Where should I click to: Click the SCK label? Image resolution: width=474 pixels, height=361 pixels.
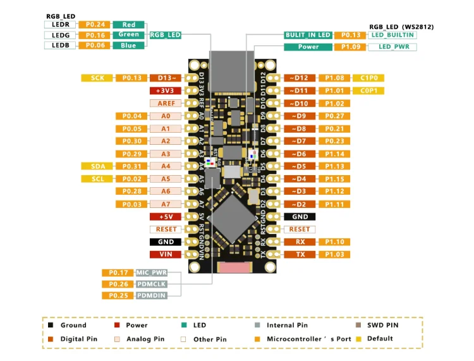(97, 78)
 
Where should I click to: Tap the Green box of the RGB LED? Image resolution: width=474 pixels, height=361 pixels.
(128, 35)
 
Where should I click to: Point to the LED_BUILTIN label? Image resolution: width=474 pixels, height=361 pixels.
(393, 35)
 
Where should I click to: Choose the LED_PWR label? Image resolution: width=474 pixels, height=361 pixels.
(393, 47)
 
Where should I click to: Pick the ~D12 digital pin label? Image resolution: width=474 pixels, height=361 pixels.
(300, 78)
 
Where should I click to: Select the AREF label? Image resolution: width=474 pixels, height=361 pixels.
(166, 103)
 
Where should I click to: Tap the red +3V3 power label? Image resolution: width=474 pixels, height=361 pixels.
(166, 90)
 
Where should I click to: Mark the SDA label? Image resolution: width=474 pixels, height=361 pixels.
(97, 166)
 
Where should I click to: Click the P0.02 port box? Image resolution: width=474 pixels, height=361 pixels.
(133, 179)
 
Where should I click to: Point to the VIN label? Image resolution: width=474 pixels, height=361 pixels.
(166, 254)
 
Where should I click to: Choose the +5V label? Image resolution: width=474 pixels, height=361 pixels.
(166, 216)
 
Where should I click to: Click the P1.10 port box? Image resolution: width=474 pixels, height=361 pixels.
(335, 242)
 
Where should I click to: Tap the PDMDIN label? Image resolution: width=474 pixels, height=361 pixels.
(150, 295)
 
